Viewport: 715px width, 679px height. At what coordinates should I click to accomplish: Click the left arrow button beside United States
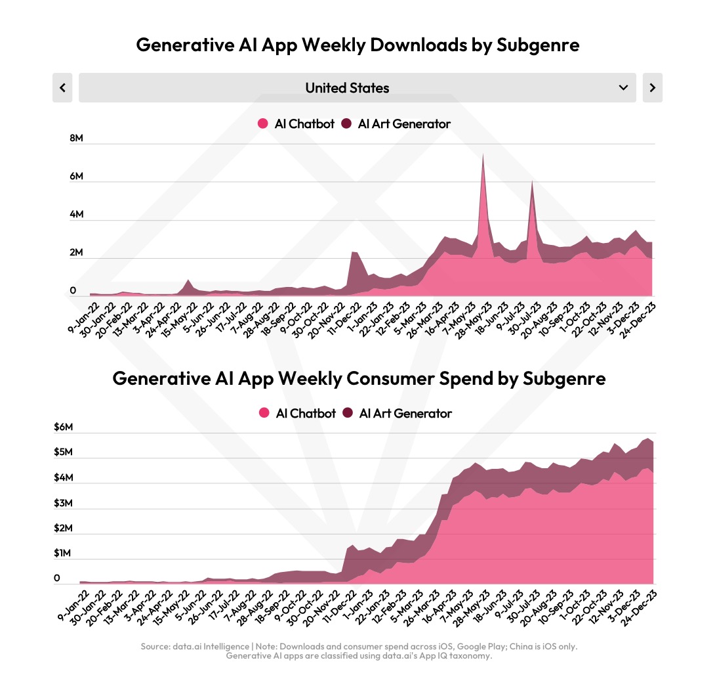[62, 88]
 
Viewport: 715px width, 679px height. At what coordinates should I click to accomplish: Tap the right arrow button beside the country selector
[652, 88]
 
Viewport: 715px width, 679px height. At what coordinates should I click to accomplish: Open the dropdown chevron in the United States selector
[623, 88]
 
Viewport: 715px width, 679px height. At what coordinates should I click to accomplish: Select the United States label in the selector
[347, 88]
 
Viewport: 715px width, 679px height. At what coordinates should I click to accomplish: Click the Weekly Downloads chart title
[357, 45]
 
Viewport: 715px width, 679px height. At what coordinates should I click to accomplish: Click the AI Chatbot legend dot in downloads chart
[263, 123]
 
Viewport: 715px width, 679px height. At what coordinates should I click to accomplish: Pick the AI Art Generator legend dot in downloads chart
[346, 123]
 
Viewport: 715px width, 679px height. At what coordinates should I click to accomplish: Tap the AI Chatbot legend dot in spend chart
[264, 413]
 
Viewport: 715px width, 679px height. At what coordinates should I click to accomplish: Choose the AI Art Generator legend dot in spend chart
[347, 413]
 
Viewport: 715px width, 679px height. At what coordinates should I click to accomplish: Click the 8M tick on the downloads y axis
[76, 139]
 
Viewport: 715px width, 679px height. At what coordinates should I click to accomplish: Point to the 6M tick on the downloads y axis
[76, 177]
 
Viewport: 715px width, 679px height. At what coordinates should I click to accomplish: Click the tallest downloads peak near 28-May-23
[483, 156]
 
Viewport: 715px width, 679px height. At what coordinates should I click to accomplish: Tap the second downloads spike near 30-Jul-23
[531, 183]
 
